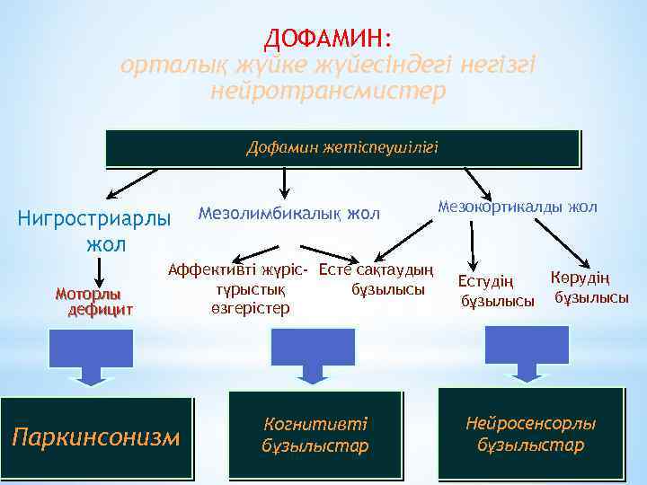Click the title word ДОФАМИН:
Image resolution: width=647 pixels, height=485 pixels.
[x=328, y=39]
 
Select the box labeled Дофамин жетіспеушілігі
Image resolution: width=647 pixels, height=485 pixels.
[x=342, y=148]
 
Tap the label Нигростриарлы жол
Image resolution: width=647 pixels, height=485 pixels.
[x=93, y=231]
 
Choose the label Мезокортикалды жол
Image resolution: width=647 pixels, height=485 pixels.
[x=517, y=207]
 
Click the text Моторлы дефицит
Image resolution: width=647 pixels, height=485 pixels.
[x=94, y=302]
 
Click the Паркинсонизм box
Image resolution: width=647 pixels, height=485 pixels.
[x=96, y=437]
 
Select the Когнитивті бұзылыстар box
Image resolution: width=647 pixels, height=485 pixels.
[x=315, y=434]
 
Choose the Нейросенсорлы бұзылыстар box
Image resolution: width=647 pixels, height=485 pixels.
[x=530, y=434]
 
